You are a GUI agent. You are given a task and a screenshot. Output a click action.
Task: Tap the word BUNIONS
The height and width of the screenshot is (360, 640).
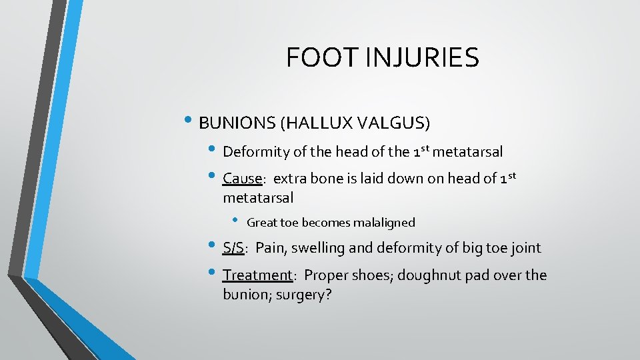tap(238, 123)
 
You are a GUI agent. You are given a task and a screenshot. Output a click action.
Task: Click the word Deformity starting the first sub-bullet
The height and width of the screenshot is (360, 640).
tap(256, 152)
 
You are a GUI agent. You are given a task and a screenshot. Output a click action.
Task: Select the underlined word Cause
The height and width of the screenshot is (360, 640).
tap(243, 179)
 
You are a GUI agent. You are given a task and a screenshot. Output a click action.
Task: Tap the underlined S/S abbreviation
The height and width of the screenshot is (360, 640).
tap(233, 249)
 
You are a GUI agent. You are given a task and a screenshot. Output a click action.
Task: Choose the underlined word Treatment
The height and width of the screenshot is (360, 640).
tap(257, 275)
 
